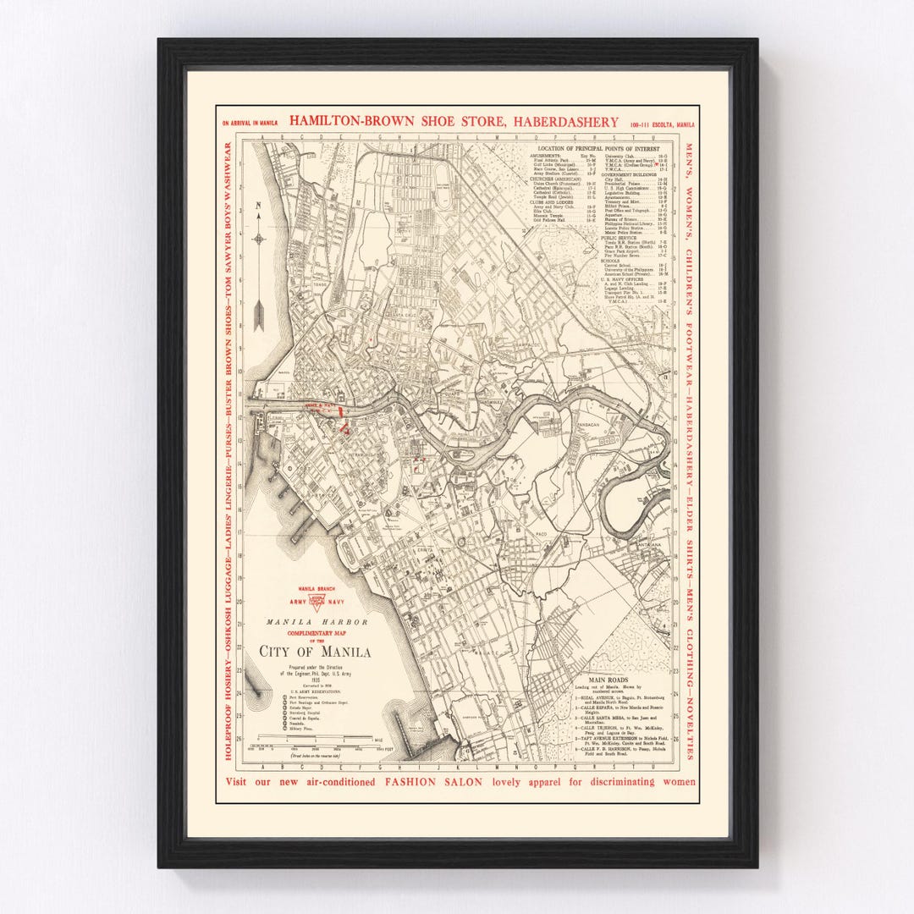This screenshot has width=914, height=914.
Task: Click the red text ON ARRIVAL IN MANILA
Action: tap(250, 124)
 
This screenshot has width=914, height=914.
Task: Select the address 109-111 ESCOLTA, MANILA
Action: tap(660, 124)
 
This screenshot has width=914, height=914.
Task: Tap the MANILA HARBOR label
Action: tap(317, 622)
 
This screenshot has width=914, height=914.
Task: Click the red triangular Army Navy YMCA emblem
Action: tap(317, 603)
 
